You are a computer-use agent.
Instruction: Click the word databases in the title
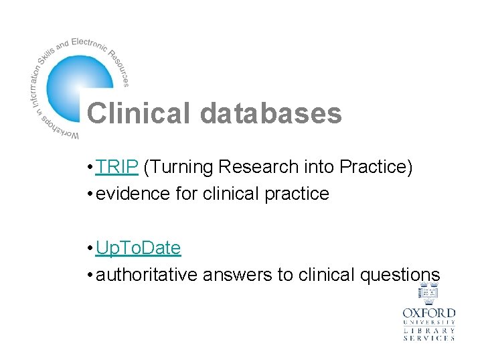(x=270, y=113)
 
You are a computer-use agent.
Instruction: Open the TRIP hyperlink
(x=116, y=167)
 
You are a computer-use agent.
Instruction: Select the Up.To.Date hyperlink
(x=138, y=248)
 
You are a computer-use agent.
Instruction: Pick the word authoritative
(x=149, y=275)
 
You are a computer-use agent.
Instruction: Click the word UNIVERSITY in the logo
(x=428, y=322)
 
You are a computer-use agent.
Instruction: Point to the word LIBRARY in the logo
(x=428, y=330)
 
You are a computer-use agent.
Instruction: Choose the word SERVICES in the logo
(x=428, y=339)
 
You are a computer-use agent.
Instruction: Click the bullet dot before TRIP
(x=90, y=168)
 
